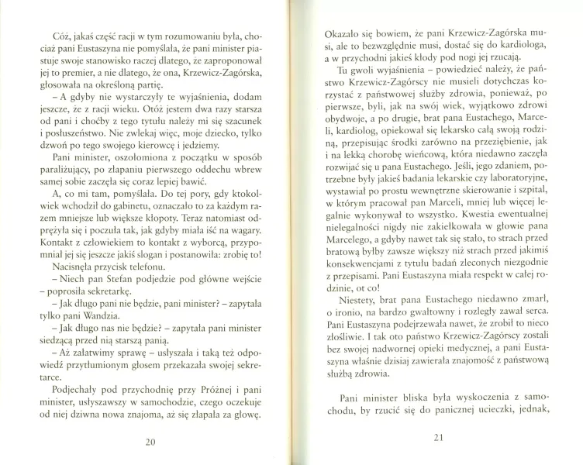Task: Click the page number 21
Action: pos(438,439)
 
